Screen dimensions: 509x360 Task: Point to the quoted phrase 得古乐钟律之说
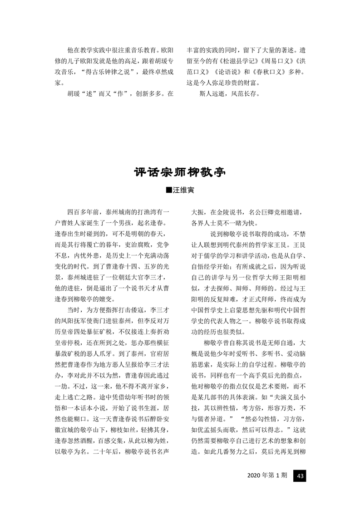[x=109, y=72]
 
